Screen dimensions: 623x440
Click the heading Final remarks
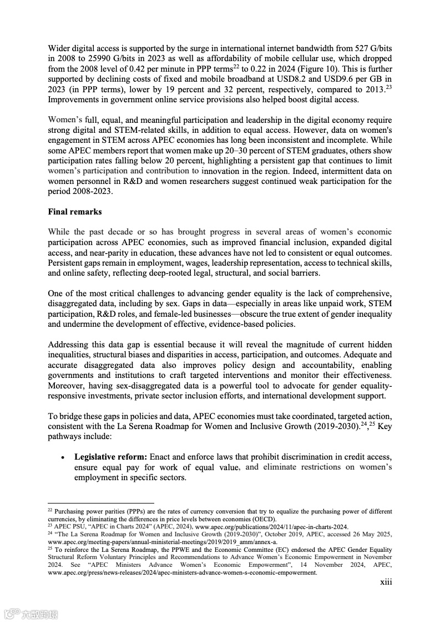tap(75, 212)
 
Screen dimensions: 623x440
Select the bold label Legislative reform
tap(110, 457)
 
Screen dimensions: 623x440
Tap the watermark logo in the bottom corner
tap(31, 614)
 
